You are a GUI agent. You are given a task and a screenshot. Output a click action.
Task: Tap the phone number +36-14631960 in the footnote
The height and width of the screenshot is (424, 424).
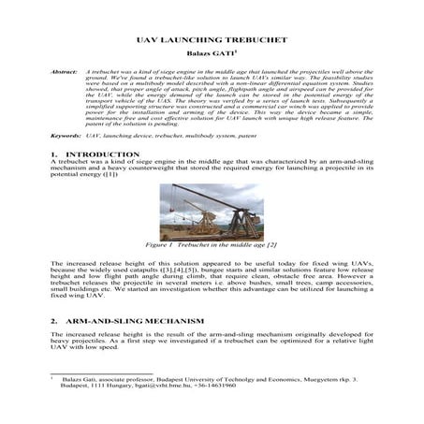pos(211,386)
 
